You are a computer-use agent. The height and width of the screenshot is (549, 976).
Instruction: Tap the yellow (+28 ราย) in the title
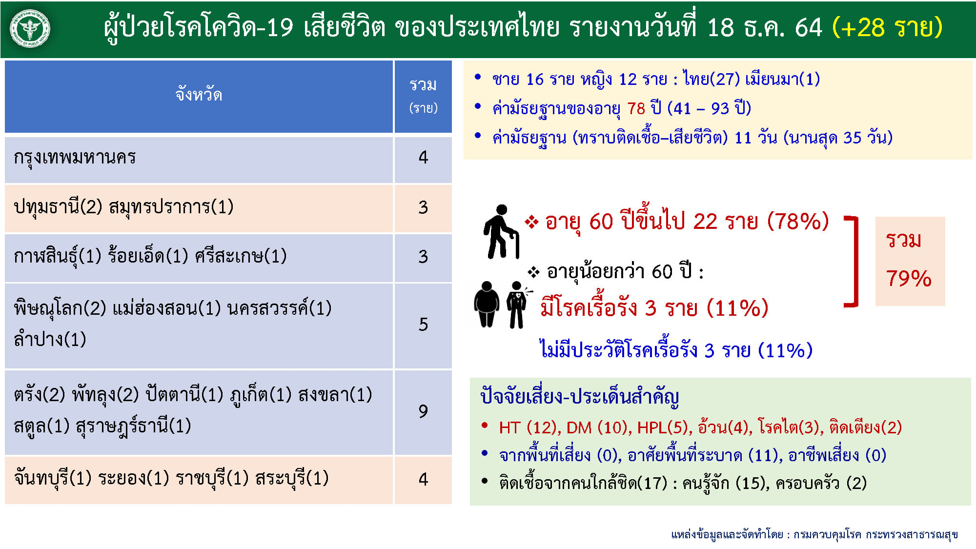click(887, 27)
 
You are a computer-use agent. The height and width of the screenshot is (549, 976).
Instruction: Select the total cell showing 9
click(423, 411)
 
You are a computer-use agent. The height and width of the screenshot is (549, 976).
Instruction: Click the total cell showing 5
click(423, 325)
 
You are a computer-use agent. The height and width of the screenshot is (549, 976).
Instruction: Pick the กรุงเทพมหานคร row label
click(75, 158)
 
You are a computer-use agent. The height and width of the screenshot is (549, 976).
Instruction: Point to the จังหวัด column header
click(199, 94)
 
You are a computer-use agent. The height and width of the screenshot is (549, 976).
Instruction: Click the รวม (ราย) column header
click(423, 95)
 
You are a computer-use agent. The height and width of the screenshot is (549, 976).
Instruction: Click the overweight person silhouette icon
click(487, 304)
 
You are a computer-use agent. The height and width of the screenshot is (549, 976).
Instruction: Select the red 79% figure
click(909, 279)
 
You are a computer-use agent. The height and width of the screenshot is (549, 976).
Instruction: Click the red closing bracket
click(852, 262)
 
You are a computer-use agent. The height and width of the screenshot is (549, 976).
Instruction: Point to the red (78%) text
click(798, 222)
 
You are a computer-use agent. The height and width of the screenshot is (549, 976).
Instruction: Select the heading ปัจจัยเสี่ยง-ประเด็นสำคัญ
click(579, 397)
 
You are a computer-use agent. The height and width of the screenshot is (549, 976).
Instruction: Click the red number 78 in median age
click(636, 108)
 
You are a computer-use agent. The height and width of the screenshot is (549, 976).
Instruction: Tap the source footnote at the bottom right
click(814, 535)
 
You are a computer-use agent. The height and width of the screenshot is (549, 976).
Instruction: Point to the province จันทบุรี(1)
click(53, 478)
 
